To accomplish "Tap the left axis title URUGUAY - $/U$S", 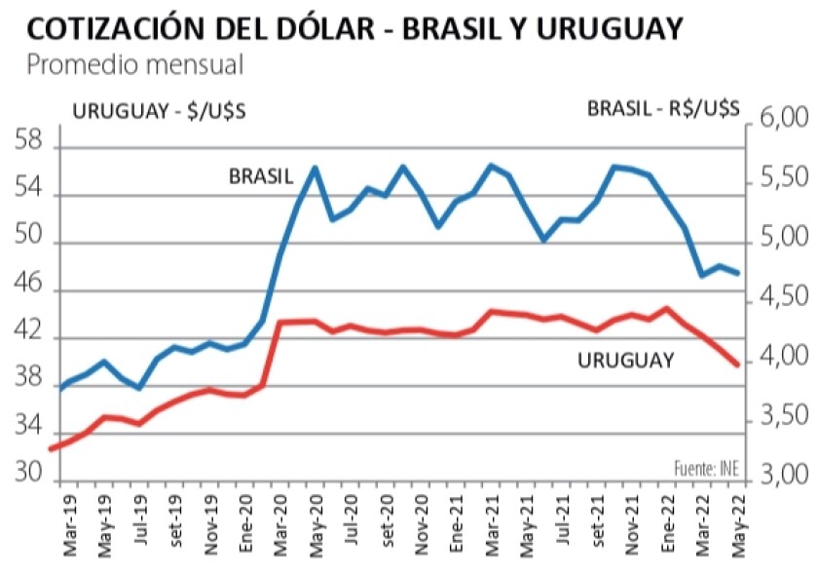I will (x=155, y=111).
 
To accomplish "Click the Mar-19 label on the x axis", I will (x=70, y=532).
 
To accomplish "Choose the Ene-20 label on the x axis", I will (x=245, y=532).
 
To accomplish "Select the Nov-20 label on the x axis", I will (x=421, y=532).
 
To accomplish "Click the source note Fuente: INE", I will (x=706, y=469).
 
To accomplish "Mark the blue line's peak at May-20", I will (x=315, y=168).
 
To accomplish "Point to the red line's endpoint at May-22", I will (x=737, y=365).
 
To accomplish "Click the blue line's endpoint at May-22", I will (x=737, y=273).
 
